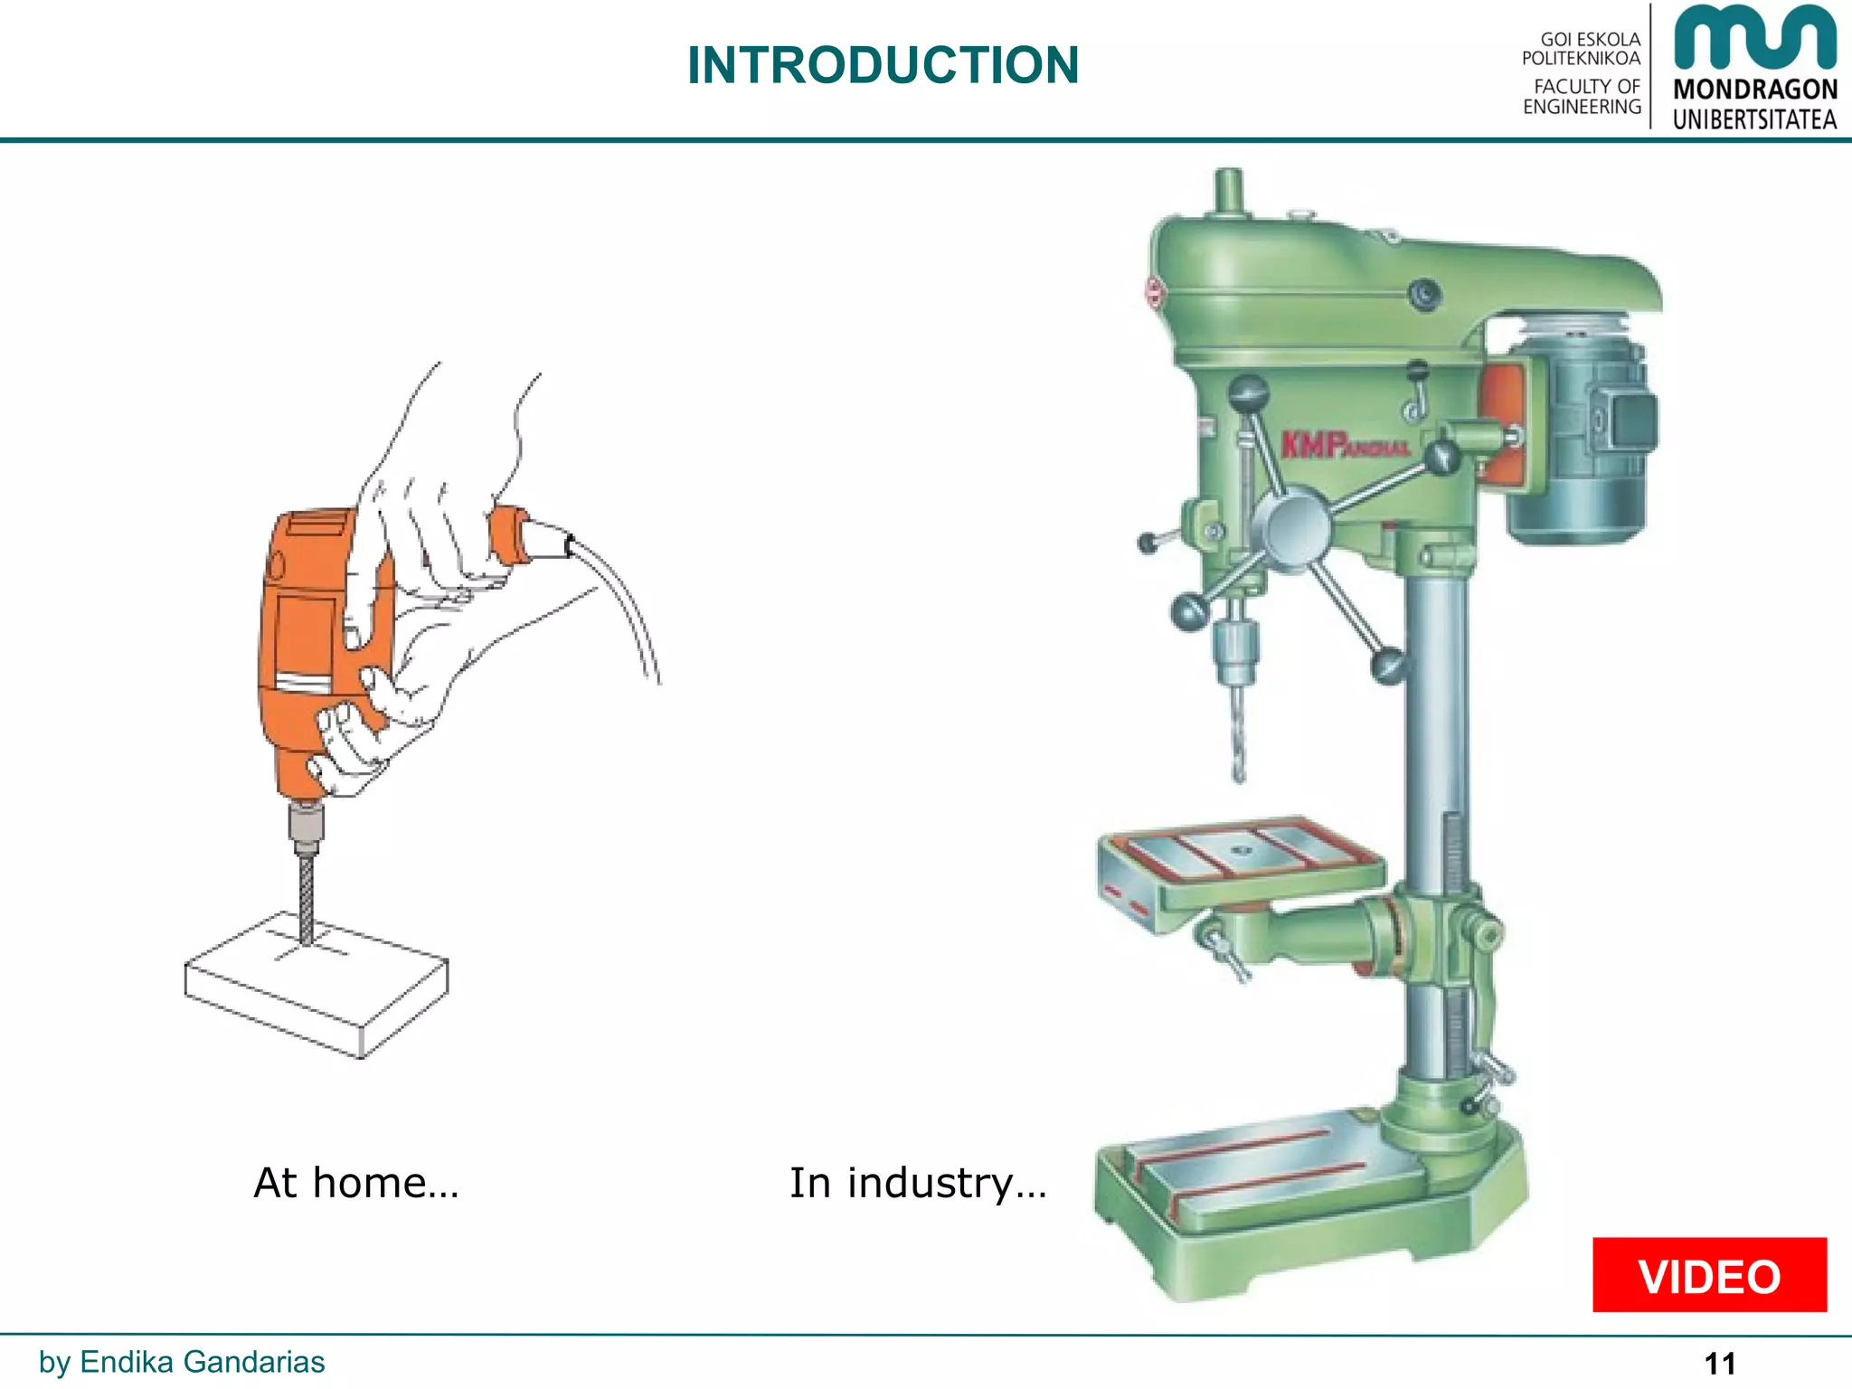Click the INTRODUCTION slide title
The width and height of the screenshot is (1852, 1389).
(883, 65)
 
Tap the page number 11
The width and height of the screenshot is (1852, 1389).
(1719, 1363)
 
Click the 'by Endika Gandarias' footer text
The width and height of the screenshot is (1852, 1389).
(182, 1361)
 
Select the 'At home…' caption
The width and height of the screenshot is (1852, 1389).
(356, 1183)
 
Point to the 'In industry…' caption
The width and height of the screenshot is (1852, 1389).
(917, 1183)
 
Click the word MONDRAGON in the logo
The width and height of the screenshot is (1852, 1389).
(1754, 90)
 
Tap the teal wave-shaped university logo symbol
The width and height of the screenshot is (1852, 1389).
(1754, 38)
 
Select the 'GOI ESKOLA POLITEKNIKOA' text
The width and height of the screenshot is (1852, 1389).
(1583, 49)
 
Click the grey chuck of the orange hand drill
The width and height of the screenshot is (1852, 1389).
(307, 827)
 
